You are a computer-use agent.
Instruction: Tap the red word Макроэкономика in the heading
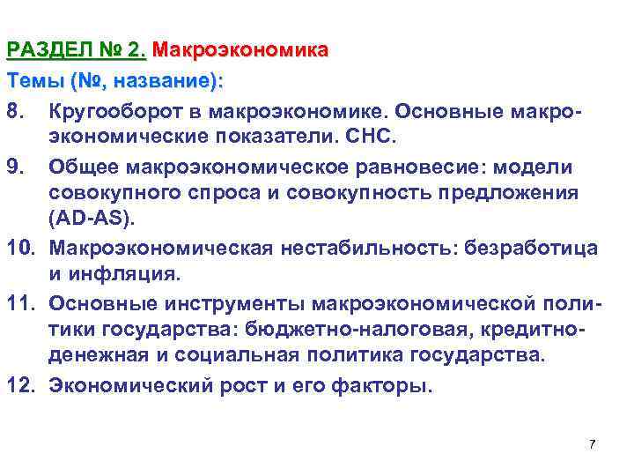click(240, 50)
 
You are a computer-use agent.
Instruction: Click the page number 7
click(592, 444)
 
